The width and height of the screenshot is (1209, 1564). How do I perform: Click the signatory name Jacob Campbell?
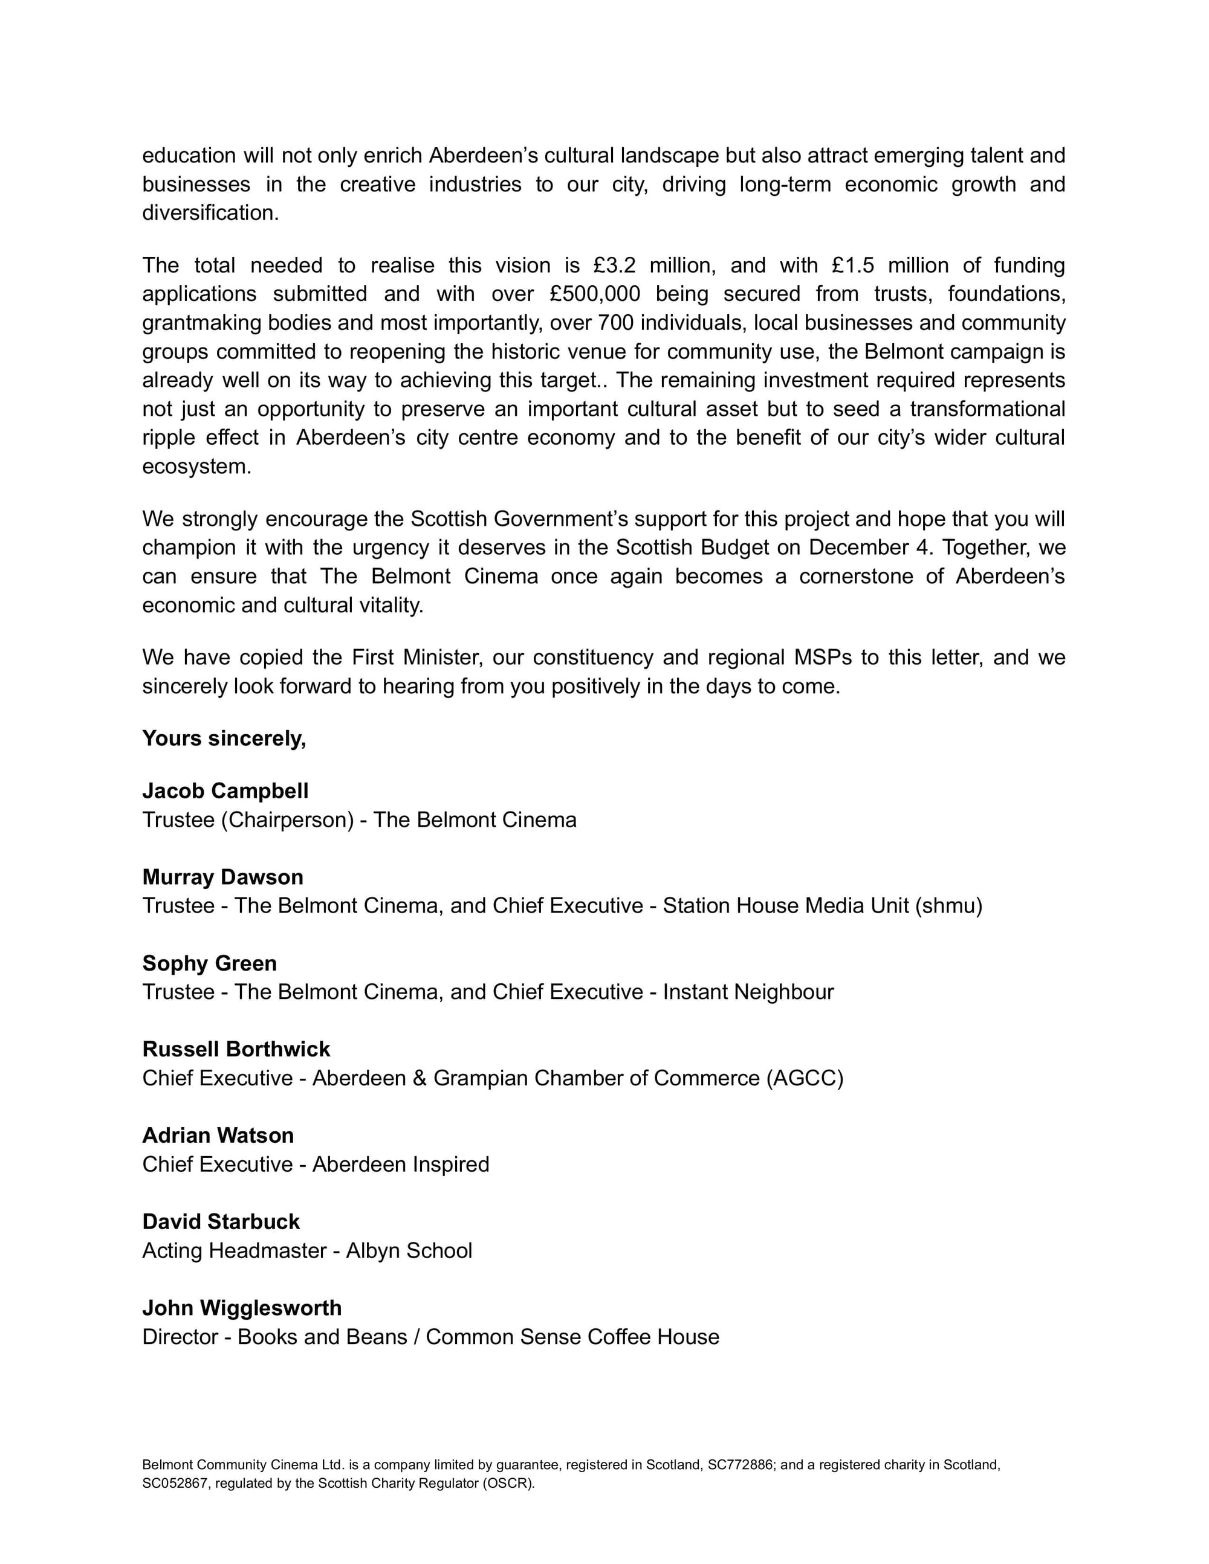click(225, 790)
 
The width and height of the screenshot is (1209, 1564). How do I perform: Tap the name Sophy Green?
click(209, 963)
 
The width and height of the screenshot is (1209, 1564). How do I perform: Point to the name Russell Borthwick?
click(236, 1049)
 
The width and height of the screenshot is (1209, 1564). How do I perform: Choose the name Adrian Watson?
click(218, 1135)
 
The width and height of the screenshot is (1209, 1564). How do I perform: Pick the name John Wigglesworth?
click(241, 1308)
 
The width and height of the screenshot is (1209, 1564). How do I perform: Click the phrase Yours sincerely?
click(224, 738)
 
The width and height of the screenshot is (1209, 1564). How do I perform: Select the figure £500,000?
click(594, 294)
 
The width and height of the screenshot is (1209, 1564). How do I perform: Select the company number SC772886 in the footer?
click(741, 1464)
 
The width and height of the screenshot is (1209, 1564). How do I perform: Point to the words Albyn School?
click(409, 1250)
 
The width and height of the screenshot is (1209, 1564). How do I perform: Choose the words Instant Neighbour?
click(748, 992)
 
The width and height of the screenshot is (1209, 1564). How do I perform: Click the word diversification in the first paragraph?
click(209, 213)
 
